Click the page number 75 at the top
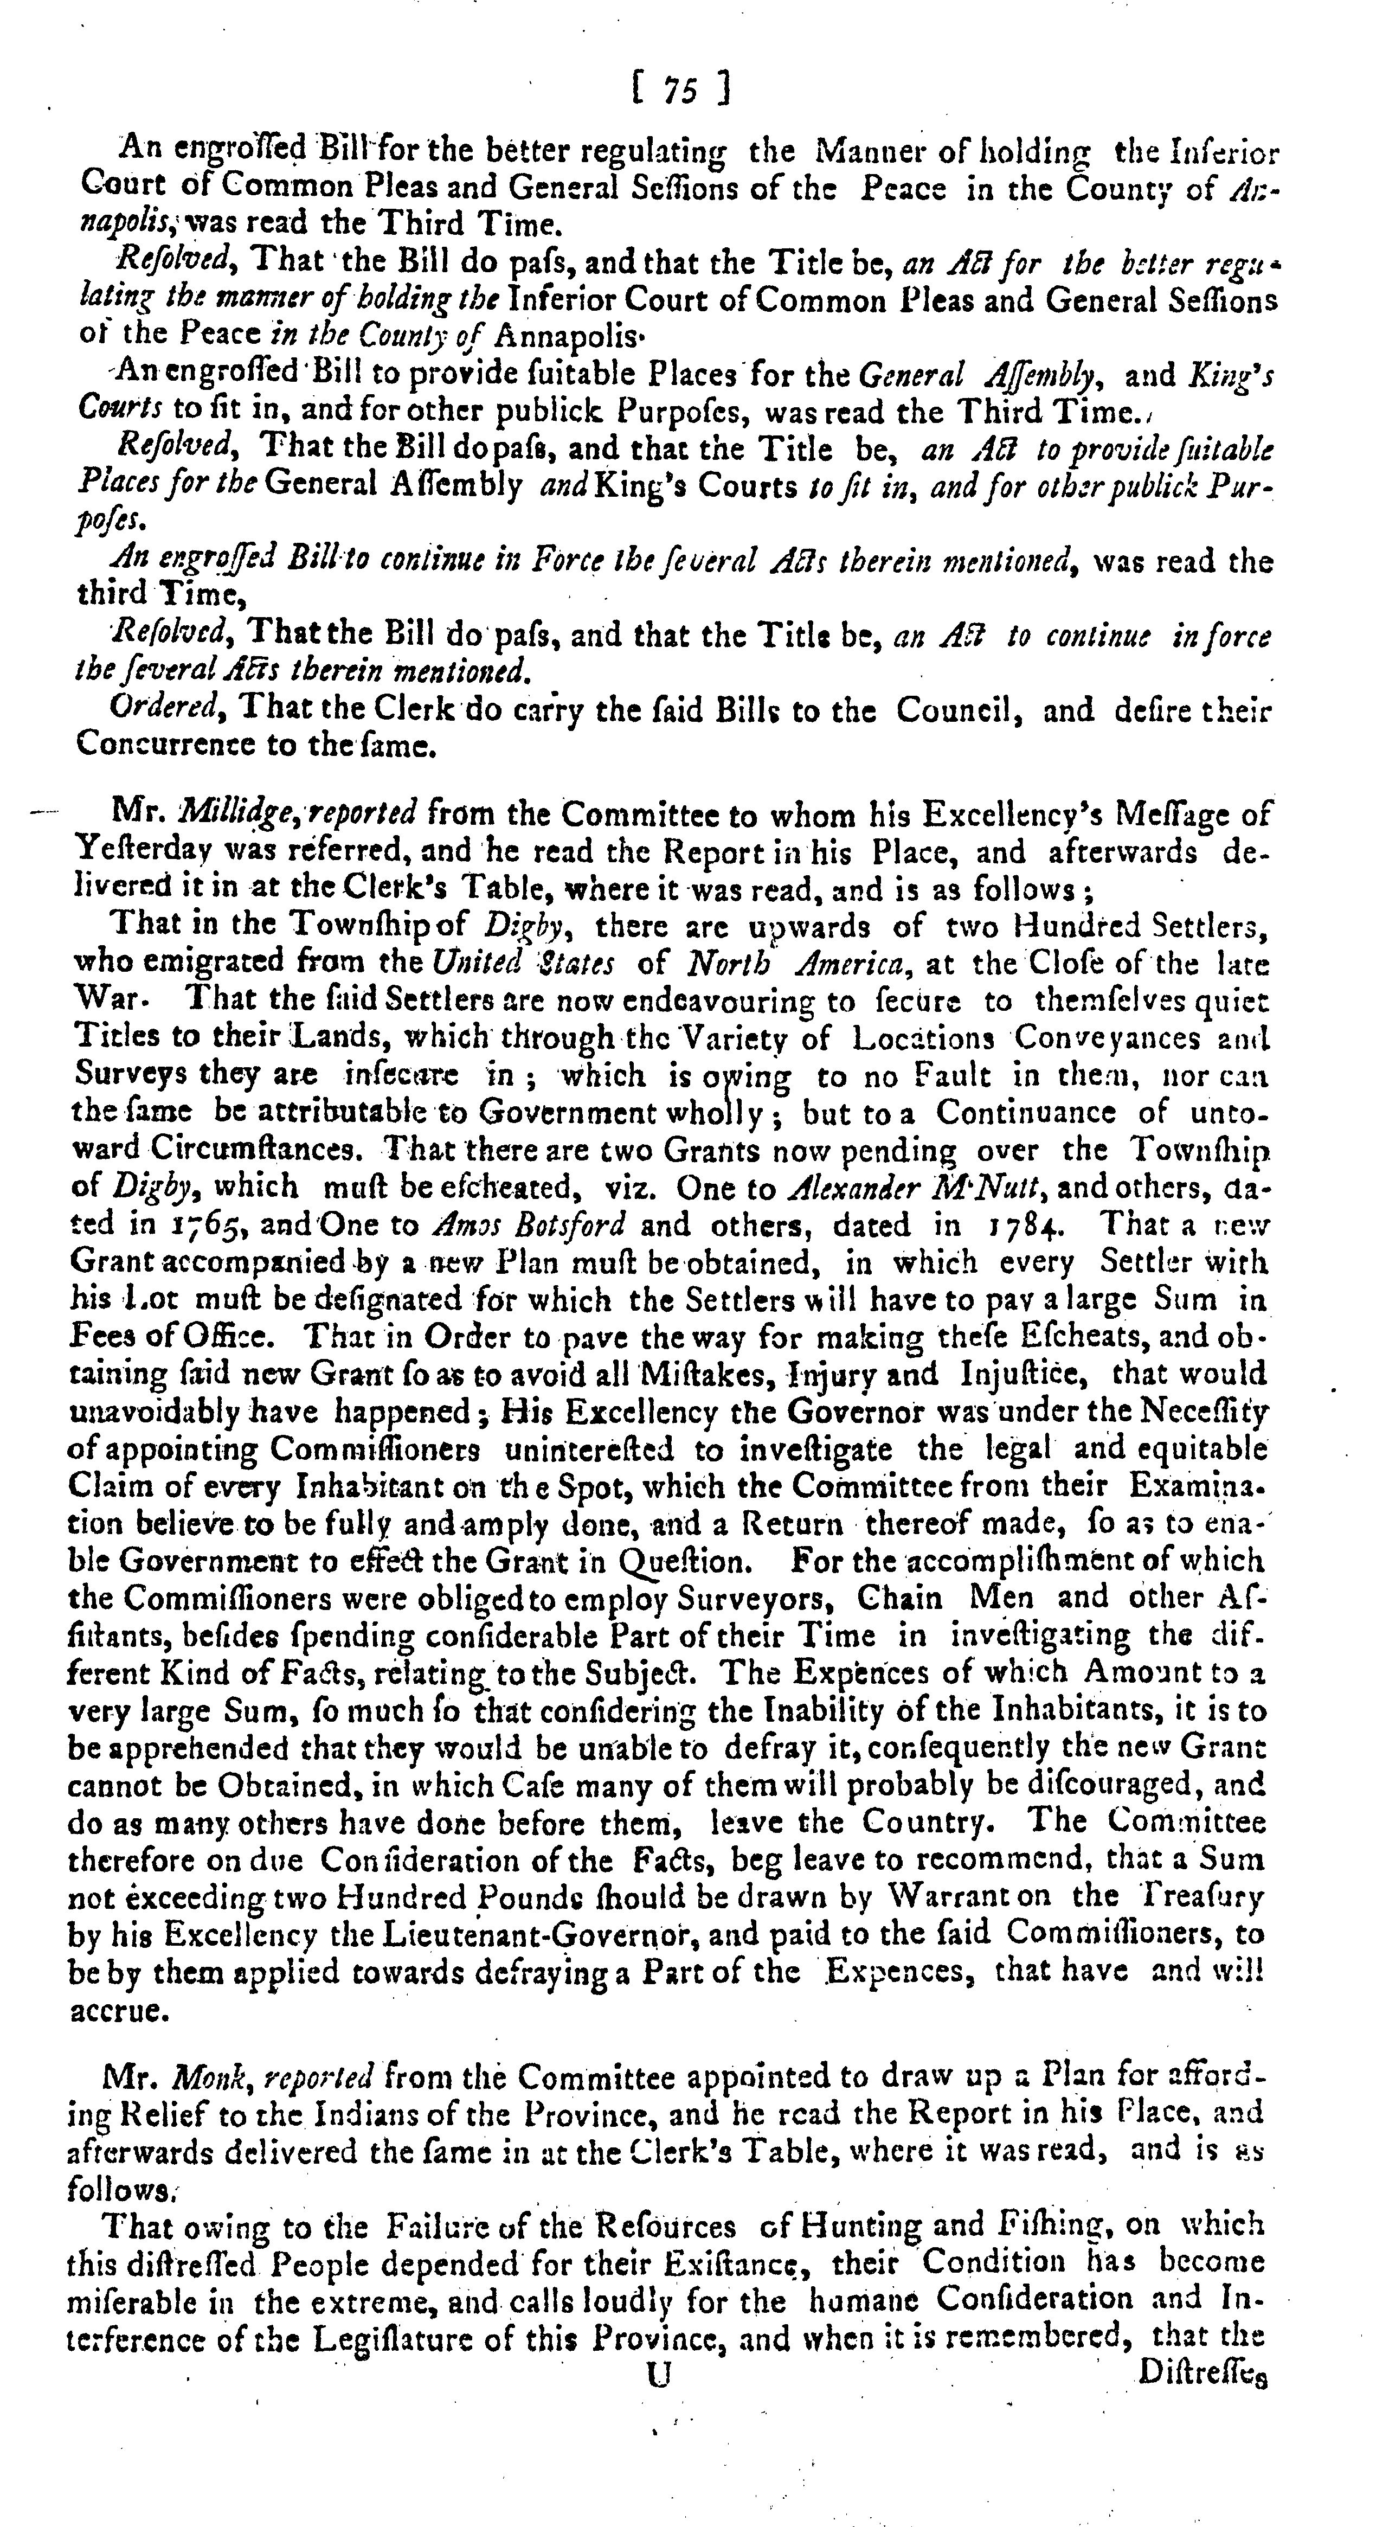click(679, 90)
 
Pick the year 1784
click(1026, 1225)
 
